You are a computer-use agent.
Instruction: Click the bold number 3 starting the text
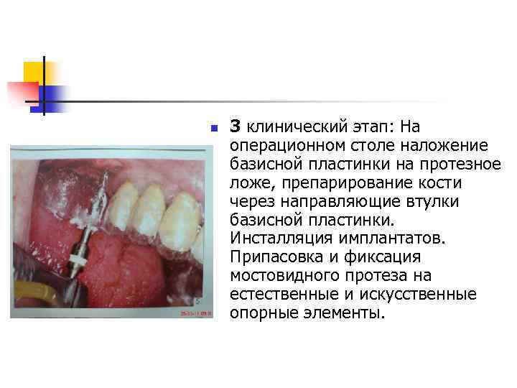[x=235, y=127]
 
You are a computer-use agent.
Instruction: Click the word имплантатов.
[x=384, y=239]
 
